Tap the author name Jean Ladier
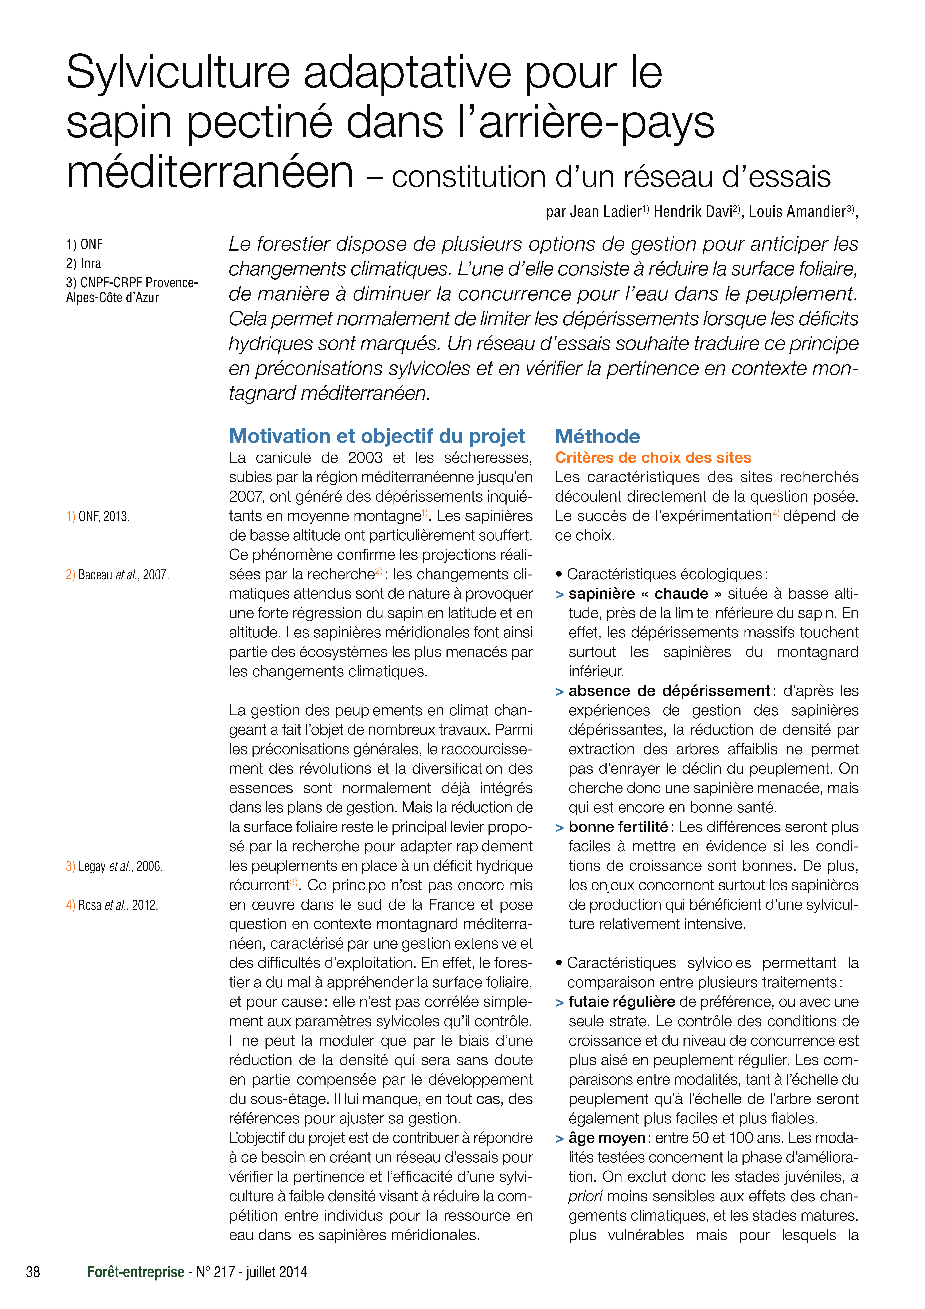606,212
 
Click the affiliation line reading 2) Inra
83,263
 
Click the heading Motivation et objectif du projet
377,436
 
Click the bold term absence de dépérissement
669,691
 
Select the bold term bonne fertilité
618,827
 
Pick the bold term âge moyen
606,1138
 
